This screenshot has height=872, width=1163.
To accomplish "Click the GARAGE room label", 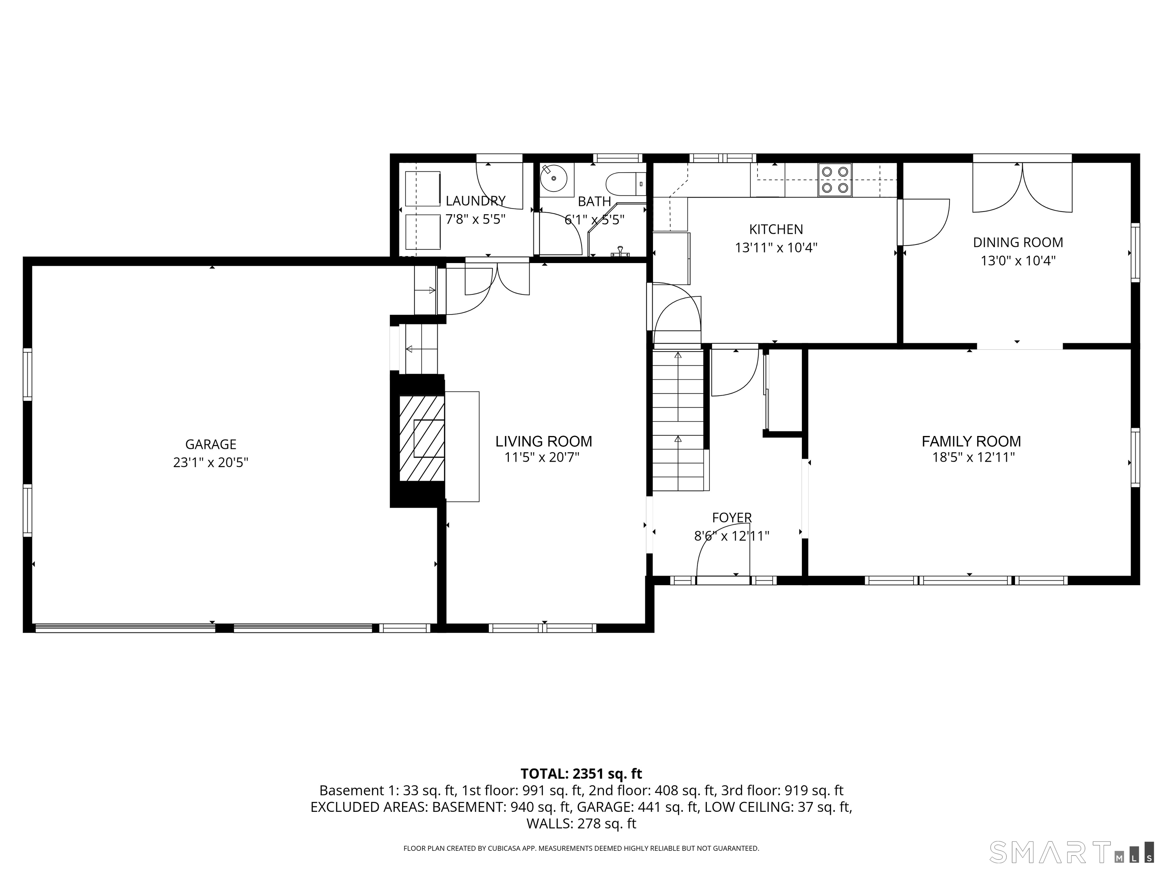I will (x=210, y=445).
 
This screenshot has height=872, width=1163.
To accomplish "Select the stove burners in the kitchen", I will (x=835, y=179).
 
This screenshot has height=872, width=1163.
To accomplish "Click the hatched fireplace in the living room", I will (x=422, y=438).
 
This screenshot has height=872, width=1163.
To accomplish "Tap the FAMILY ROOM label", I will (x=971, y=442).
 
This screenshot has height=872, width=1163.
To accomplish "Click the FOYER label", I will (x=732, y=518).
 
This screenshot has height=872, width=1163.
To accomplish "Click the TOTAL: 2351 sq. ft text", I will (x=581, y=774).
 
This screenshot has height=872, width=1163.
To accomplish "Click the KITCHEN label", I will (x=776, y=230).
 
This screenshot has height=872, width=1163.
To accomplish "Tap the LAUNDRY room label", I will (x=475, y=201).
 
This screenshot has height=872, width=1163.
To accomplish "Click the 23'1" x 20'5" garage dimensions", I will (x=210, y=462).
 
